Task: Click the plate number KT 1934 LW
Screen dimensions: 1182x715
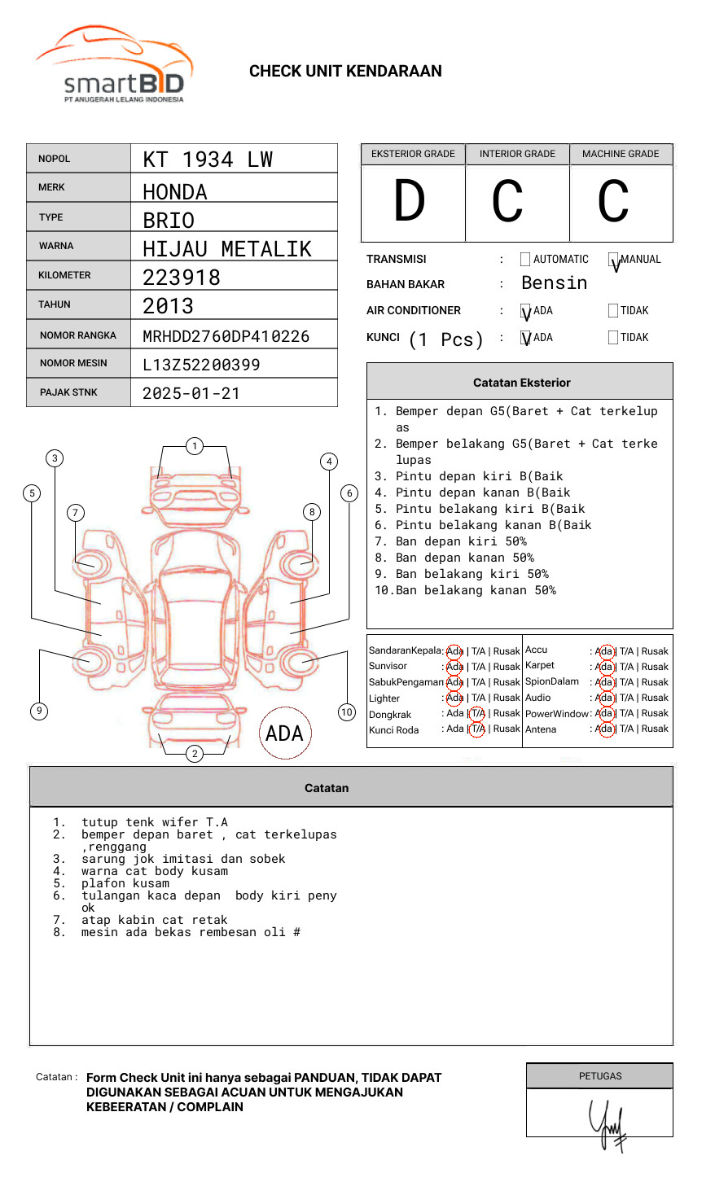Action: (x=208, y=160)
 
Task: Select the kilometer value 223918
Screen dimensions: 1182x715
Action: (x=182, y=278)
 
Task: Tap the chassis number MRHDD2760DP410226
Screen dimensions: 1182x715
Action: (x=226, y=336)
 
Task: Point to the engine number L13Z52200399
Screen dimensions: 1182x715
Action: (x=201, y=365)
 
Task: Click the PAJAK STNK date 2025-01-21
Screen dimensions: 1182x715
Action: (x=191, y=393)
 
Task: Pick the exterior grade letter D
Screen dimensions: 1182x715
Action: (x=410, y=202)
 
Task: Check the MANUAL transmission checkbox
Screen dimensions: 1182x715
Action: (x=614, y=260)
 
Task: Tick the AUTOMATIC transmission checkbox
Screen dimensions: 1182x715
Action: (x=525, y=260)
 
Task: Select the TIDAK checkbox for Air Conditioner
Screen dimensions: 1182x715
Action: (x=613, y=310)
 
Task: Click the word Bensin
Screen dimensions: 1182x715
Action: (x=554, y=282)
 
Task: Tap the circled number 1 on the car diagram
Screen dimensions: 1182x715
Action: (x=194, y=445)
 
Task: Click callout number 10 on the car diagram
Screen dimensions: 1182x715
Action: (x=347, y=712)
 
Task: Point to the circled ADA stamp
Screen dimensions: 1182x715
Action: (x=285, y=733)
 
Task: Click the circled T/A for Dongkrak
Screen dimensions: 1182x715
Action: (x=477, y=713)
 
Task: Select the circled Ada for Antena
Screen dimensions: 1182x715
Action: (x=604, y=729)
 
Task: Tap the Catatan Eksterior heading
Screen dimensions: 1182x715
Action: (x=521, y=383)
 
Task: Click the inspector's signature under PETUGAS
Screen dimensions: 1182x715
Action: (x=608, y=1123)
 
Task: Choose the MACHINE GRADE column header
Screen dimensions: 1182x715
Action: (x=621, y=154)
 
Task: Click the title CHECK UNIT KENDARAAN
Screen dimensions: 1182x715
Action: (x=345, y=71)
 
